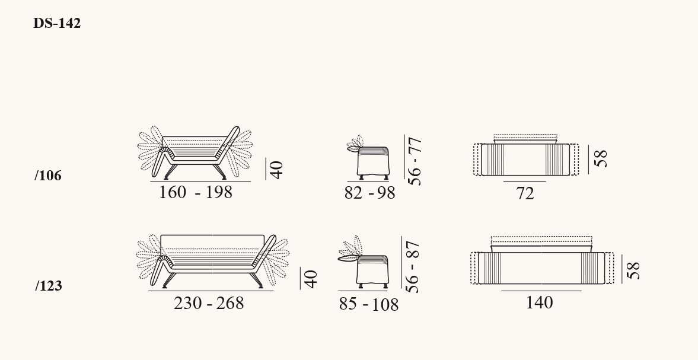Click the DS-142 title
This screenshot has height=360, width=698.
click(57, 23)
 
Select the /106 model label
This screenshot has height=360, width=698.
click(48, 176)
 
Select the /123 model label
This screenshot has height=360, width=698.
click(49, 286)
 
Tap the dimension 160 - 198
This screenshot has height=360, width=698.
click(196, 192)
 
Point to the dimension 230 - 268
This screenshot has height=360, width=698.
click(209, 303)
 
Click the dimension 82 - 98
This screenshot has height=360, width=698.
click(370, 193)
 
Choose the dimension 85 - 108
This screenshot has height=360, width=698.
click(369, 304)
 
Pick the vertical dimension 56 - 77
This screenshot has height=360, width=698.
click(415, 161)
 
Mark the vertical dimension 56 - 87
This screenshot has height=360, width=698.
click(413, 267)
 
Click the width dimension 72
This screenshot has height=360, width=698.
click(525, 193)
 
